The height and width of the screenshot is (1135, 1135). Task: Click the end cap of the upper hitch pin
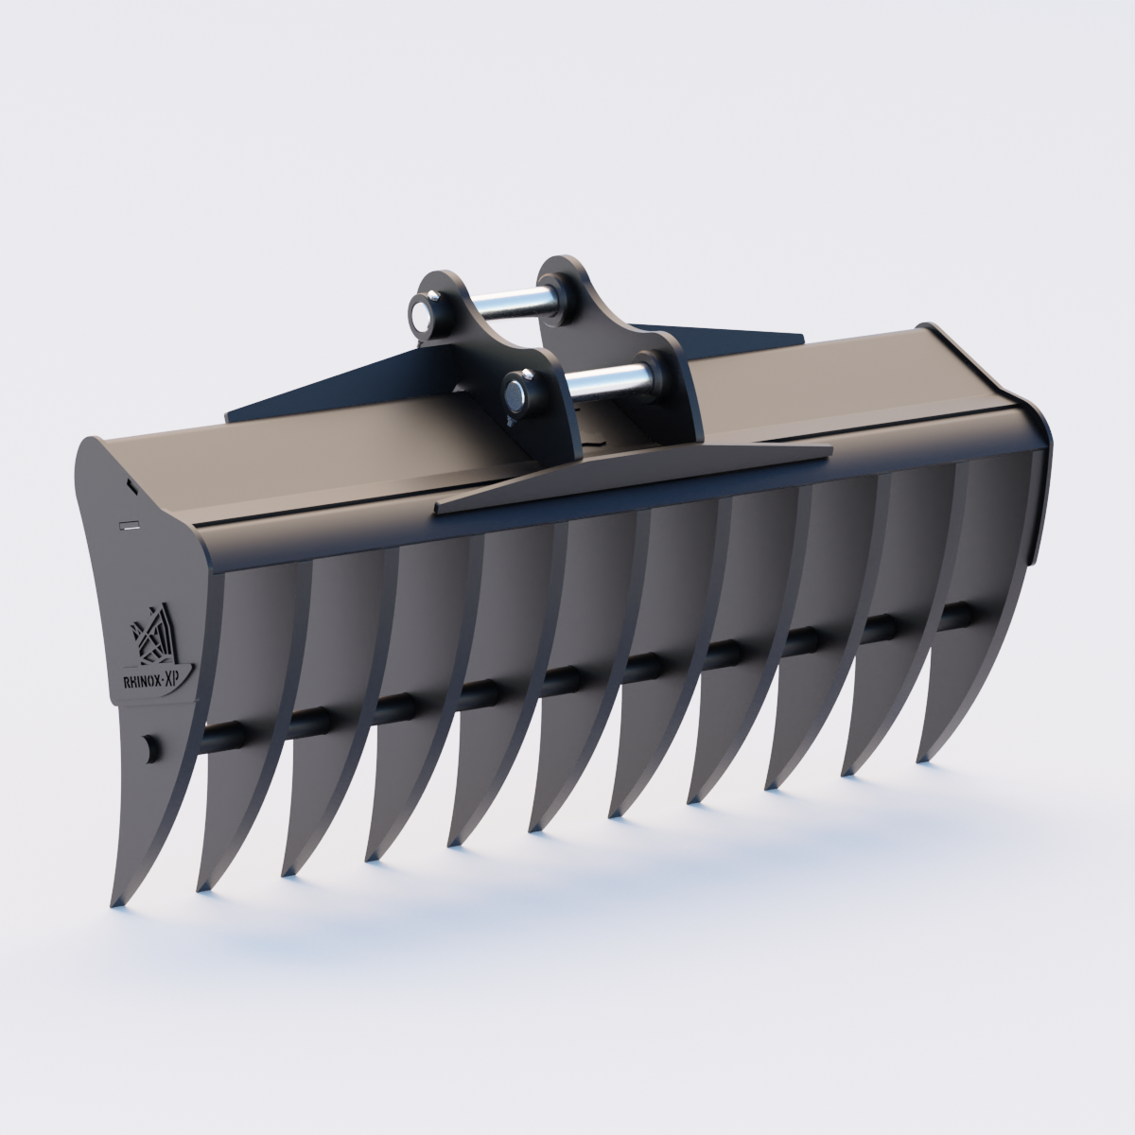click(x=422, y=311)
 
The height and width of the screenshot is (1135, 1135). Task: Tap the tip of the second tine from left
click(x=201, y=888)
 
